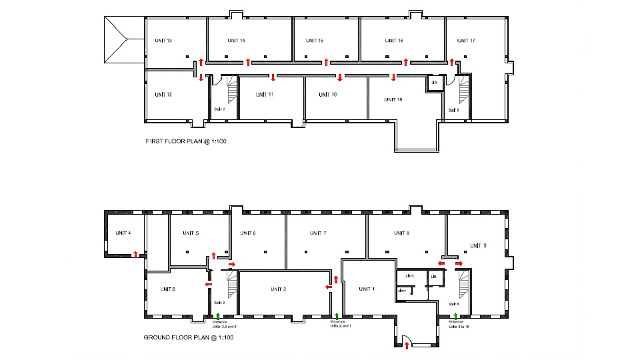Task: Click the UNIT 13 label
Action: point(164,40)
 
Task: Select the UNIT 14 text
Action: point(236,40)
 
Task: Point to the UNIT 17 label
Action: point(465,40)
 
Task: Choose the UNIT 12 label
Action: point(164,94)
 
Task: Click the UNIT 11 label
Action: point(264,94)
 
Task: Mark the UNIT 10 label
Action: point(327,94)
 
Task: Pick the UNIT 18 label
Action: point(393,100)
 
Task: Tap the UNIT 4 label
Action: point(123,233)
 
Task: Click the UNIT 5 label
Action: point(190,233)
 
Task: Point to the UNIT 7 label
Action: point(318,233)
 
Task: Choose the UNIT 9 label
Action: point(479,245)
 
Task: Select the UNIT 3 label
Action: point(167,289)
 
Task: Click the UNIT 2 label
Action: point(278,289)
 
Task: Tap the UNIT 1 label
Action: point(366,289)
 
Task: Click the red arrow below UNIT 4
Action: point(136,254)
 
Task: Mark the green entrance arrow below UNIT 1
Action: point(336,316)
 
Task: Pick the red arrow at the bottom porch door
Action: point(406,347)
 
